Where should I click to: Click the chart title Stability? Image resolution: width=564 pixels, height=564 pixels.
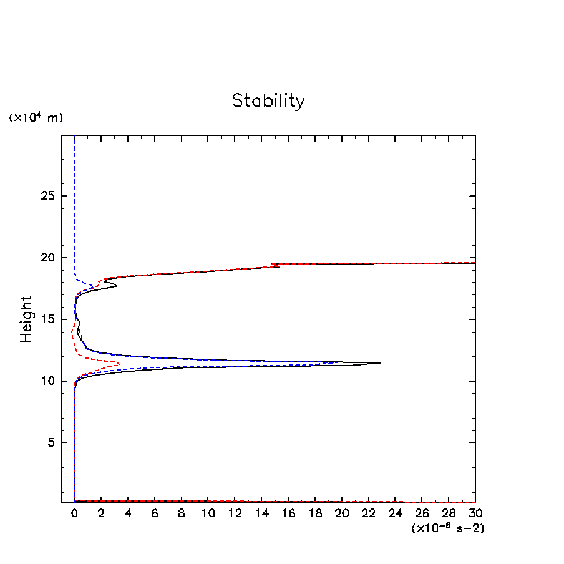pos(268,100)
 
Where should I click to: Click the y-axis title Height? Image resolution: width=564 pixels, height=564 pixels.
pos(26,328)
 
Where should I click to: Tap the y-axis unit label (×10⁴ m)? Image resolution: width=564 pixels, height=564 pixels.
pos(36,117)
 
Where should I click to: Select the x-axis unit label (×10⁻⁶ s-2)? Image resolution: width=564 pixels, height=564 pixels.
pos(448,528)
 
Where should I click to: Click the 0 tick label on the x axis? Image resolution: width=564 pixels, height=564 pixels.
pos(74,513)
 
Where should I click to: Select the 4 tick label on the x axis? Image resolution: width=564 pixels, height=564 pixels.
pos(128,513)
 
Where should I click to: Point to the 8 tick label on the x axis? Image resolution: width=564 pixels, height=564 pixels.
pos(182,513)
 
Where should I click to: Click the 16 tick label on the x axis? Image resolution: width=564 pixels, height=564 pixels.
pos(288,513)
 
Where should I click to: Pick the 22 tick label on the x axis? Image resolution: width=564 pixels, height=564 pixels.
pos(369,513)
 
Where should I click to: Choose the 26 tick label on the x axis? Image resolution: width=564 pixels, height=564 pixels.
pos(422,513)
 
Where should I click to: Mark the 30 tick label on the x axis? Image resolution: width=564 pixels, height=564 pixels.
pos(475,513)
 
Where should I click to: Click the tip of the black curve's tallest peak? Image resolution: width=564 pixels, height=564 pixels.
pos(381,362)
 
